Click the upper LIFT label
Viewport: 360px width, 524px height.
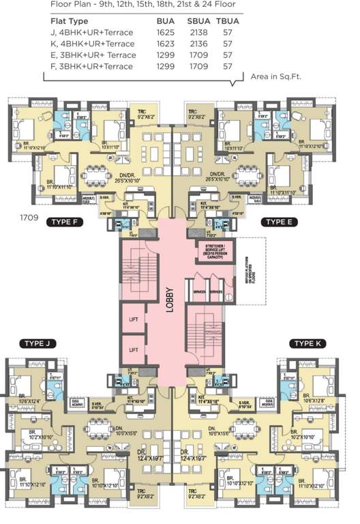[x=134, y=319]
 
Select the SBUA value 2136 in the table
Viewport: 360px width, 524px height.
[x=198, y=43]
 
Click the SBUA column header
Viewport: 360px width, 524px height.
[x=198, y=21]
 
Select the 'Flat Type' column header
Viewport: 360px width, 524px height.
[x=70, y=21]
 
